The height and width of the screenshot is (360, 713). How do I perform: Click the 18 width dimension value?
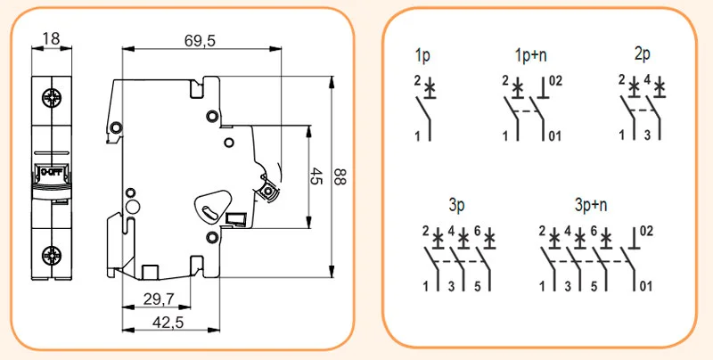(x=52, y=38)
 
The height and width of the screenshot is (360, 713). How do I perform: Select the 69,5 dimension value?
(x=200, y=41)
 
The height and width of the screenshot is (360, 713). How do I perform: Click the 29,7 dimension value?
(x=159, y=299)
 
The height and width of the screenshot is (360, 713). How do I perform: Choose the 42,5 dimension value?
(x=168, y=323)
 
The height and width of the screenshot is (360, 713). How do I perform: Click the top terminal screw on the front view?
(x=52, y=97)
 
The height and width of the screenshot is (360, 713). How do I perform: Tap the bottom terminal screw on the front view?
(x=52, y=256)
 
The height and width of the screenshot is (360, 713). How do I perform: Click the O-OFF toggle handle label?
(x=52, y=172)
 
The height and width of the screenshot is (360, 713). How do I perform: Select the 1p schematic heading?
(x=422, y=55)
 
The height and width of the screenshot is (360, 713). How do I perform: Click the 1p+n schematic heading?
(x=530, y=55)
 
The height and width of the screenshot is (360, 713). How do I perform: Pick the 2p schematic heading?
(x=642, y=54)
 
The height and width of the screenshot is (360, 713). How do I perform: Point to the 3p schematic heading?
(x=456, y=205)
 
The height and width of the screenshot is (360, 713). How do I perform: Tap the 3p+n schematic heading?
(x=591, y=205)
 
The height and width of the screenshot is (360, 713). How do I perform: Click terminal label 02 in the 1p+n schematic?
(x=555, y=81)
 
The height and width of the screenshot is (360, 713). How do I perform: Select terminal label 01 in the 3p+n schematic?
(x=645, y=286)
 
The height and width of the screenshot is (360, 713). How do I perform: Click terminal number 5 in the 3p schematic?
(x=478, y=287)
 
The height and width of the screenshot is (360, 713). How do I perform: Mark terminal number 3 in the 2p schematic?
(x=648, y=135)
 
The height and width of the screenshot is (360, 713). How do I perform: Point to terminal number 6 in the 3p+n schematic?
(x=594, y=231)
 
